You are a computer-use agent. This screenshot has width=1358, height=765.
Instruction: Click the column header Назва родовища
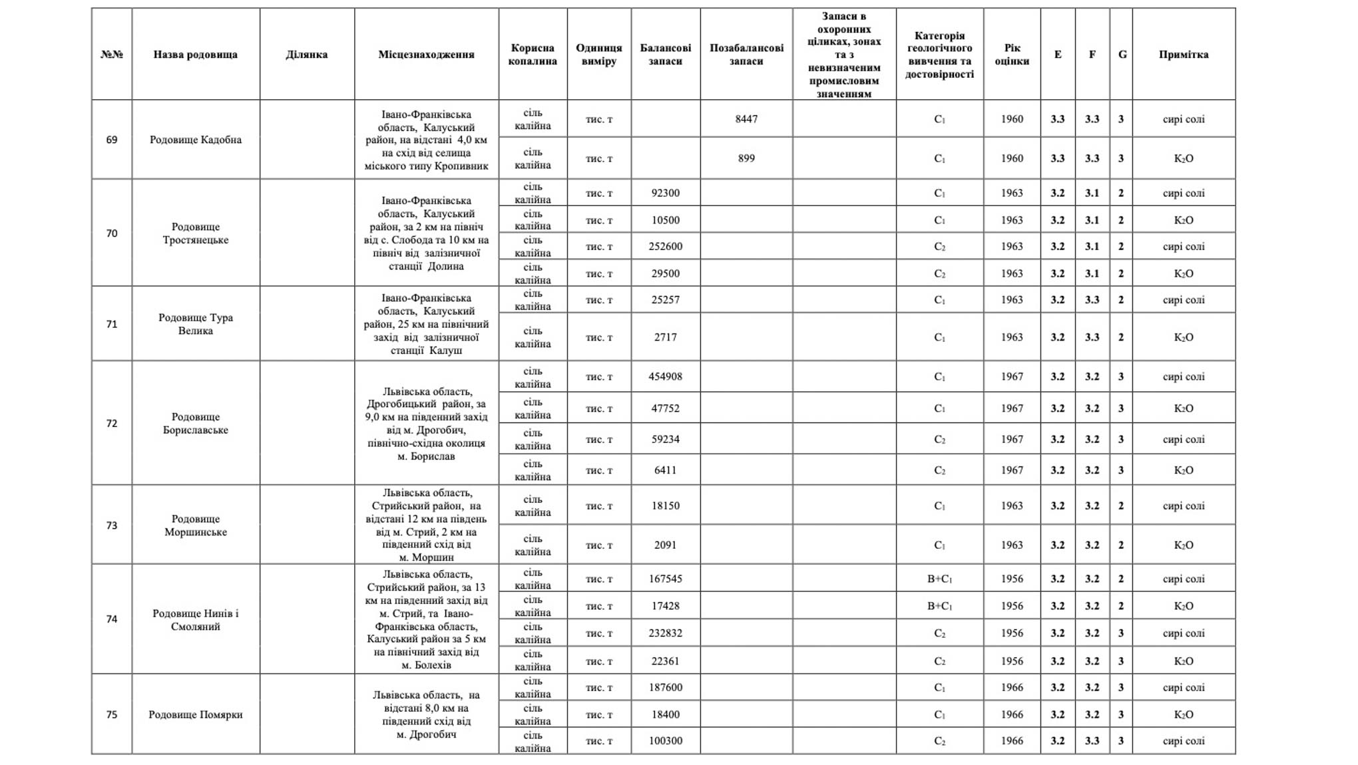[x=195, y=55]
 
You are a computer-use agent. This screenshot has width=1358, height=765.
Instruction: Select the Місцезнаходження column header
[x=426, y=55]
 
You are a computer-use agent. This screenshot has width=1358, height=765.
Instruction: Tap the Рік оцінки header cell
[x=1012, y=55]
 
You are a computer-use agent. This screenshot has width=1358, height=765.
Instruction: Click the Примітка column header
[x=1183, y=55]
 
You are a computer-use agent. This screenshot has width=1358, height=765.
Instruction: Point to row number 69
[x=112, y=140]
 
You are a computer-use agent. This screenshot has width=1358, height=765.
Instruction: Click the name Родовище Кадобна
[x=195, y=140]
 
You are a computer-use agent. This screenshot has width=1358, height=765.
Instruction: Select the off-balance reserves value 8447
[x=746, y=119]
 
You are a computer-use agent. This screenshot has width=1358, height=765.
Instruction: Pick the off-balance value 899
[x=746, y=158]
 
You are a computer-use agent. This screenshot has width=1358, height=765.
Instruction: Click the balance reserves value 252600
[x=665, y=246]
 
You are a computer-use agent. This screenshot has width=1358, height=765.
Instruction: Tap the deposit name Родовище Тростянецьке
[x=195, y=233]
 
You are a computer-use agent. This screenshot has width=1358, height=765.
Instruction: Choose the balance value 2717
[x=665, y=337]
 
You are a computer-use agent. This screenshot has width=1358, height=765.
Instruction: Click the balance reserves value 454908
[x=665, y=377]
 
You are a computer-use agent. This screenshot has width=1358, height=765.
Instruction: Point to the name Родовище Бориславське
[x=195, y=423]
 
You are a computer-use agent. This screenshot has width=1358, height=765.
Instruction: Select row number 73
[x=112, y=526]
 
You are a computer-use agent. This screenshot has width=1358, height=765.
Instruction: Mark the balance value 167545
[x=665, y=579]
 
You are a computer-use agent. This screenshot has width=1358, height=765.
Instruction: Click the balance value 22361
[x=665, y=661]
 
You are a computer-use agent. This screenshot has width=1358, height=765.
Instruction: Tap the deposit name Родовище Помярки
[x=195, y=714]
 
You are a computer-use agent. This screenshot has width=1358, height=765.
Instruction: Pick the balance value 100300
[x=665, y=741]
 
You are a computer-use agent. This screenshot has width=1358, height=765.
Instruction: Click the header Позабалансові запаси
[x=746, y=55]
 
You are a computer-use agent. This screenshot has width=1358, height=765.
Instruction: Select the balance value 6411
[x=665, y=470]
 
